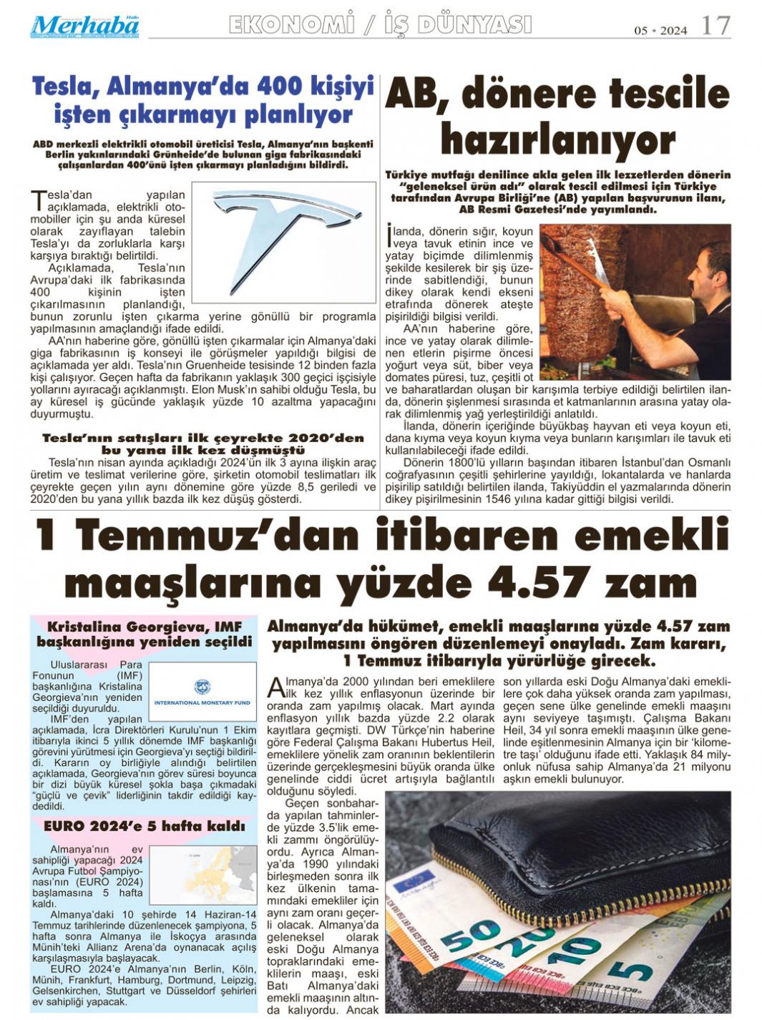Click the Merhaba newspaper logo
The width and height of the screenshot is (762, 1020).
(84, 26)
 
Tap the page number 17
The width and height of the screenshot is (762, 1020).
(715, 26)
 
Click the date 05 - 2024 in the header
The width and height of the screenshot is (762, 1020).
(660, 30)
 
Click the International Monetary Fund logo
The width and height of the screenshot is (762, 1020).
(202, 692)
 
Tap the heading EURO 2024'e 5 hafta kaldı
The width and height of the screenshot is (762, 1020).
(144, 826)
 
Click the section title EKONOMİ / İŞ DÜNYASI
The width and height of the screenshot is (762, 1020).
(380, 26)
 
